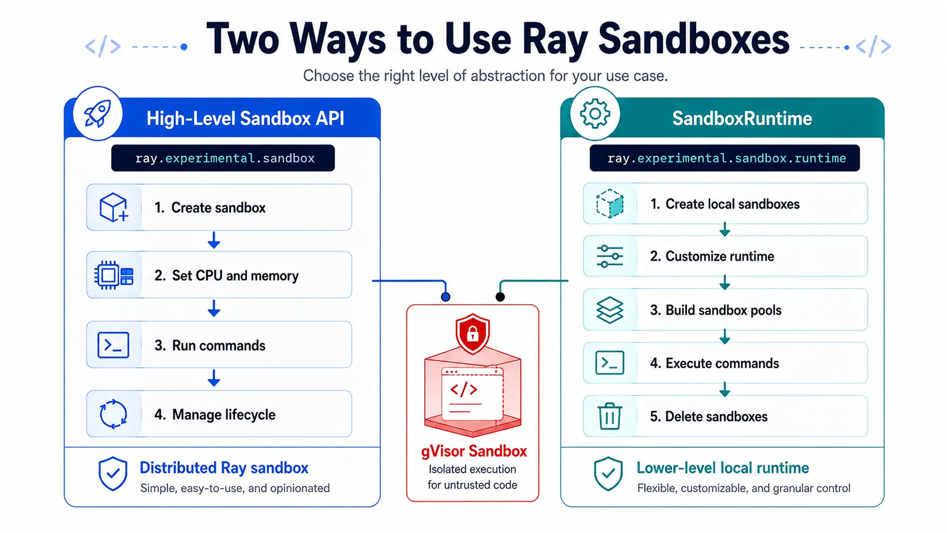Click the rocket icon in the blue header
pos(97,113)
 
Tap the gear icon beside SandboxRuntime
pos(595,113)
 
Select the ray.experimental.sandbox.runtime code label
pos(726,158)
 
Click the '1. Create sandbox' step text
pos(210,207)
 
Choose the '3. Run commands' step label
pos(210,346)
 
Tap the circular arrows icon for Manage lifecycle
pos(113,414)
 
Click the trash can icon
pos(609,416)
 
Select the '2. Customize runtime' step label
pos(712,256)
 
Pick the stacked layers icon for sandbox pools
pos(609,310)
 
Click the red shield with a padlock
pos(473,334)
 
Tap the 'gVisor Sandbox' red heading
pos(474,451)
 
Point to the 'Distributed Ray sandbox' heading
pos(224,468)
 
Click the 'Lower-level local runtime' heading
pos(723,468)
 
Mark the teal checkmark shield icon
pos(608,474)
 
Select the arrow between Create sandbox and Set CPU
pos(214,240)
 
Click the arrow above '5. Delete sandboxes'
pos(725,389)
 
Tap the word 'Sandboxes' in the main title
pos(694,39)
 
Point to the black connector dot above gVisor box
pos(500,297)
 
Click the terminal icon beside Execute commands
pos(609,363)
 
